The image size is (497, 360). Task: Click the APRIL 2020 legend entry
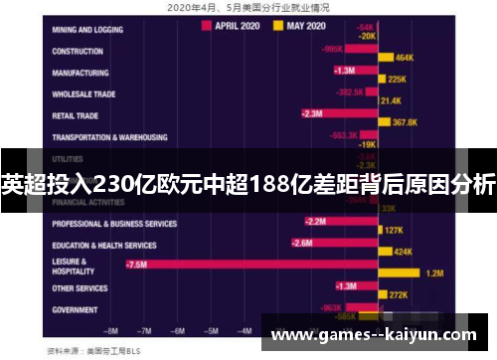pyautogui.click(x=236, y=26)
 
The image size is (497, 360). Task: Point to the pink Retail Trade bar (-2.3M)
pyautogui.click(x=338, y=113)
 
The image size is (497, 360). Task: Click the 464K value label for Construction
pyautogui.click(x=403, y=59)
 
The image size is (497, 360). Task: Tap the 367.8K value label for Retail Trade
pyautogui.click(x=405, y=122)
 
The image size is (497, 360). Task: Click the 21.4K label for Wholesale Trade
pyautogui.click(x=391, y=100)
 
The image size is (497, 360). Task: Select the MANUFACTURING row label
pyautogui.click(x=81, y=73)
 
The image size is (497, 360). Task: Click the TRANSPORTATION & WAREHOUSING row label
pyautogui.click(x=109, y=137)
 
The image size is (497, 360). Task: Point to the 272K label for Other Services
pyautogui.click(x=400, y=295)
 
